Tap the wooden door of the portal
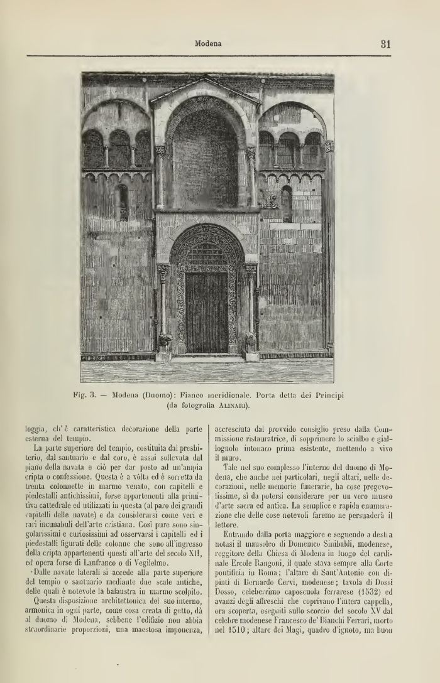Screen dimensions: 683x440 (x=206, y=312)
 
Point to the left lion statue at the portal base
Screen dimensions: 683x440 (x=165, y=341)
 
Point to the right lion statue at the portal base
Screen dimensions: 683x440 (x=250, y=341)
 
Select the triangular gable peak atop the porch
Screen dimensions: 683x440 (x=205, y=82)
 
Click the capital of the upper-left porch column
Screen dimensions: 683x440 (x=160, y=151)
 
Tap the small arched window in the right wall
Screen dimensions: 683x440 (x=287, y=202)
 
